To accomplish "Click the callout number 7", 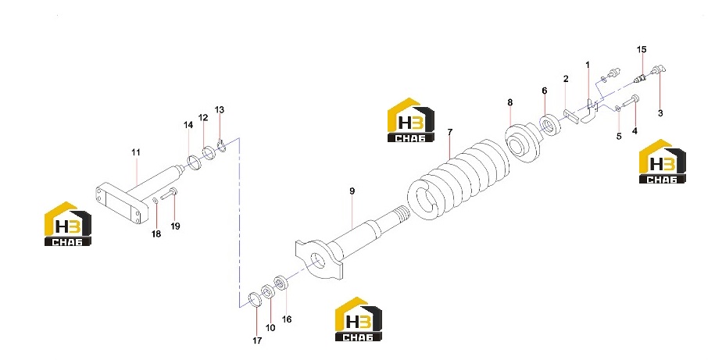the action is coord(450,132).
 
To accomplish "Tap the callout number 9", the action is coord(352,191).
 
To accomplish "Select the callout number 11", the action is coord(136,152).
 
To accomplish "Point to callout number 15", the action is coord(642,49).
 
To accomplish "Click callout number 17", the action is coord(257,340).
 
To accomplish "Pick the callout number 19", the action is coord(175,226).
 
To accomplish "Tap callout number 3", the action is coord(660,113).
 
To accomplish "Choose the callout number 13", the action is coord(220,110).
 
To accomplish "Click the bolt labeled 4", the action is coord(631,102).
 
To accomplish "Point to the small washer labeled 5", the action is coord(617,108).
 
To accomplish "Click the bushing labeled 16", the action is coord(281,282).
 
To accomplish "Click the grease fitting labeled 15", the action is coord(640,80).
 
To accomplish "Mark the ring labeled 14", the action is coord(194,162).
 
